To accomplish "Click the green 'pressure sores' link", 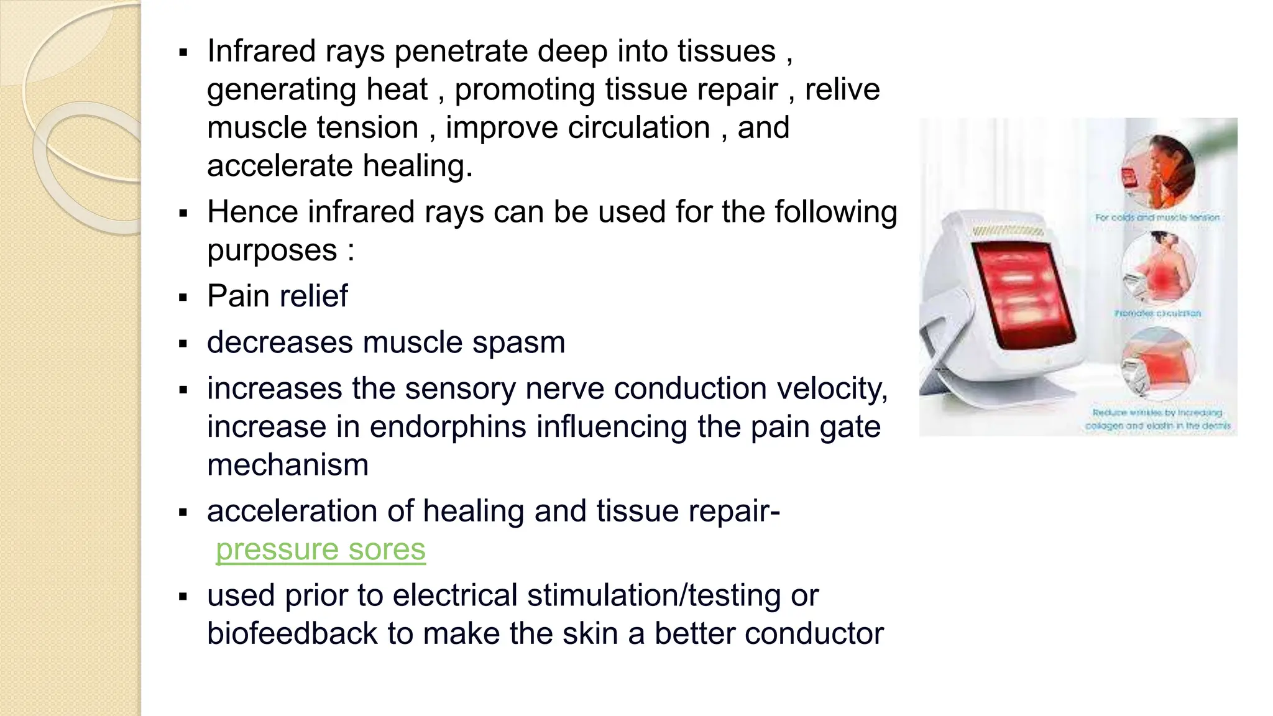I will [320, 549].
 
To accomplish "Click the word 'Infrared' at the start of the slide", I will [261, 51].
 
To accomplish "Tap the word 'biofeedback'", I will [292, 633].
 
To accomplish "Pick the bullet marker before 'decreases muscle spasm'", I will [183, 344].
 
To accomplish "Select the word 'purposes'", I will [272, 250].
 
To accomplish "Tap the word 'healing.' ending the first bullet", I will [418, 166].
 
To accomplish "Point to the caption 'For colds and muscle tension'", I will [1157, 218].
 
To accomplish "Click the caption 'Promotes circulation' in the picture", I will [1157, 313].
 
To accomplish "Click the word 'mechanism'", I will [288, 465].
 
